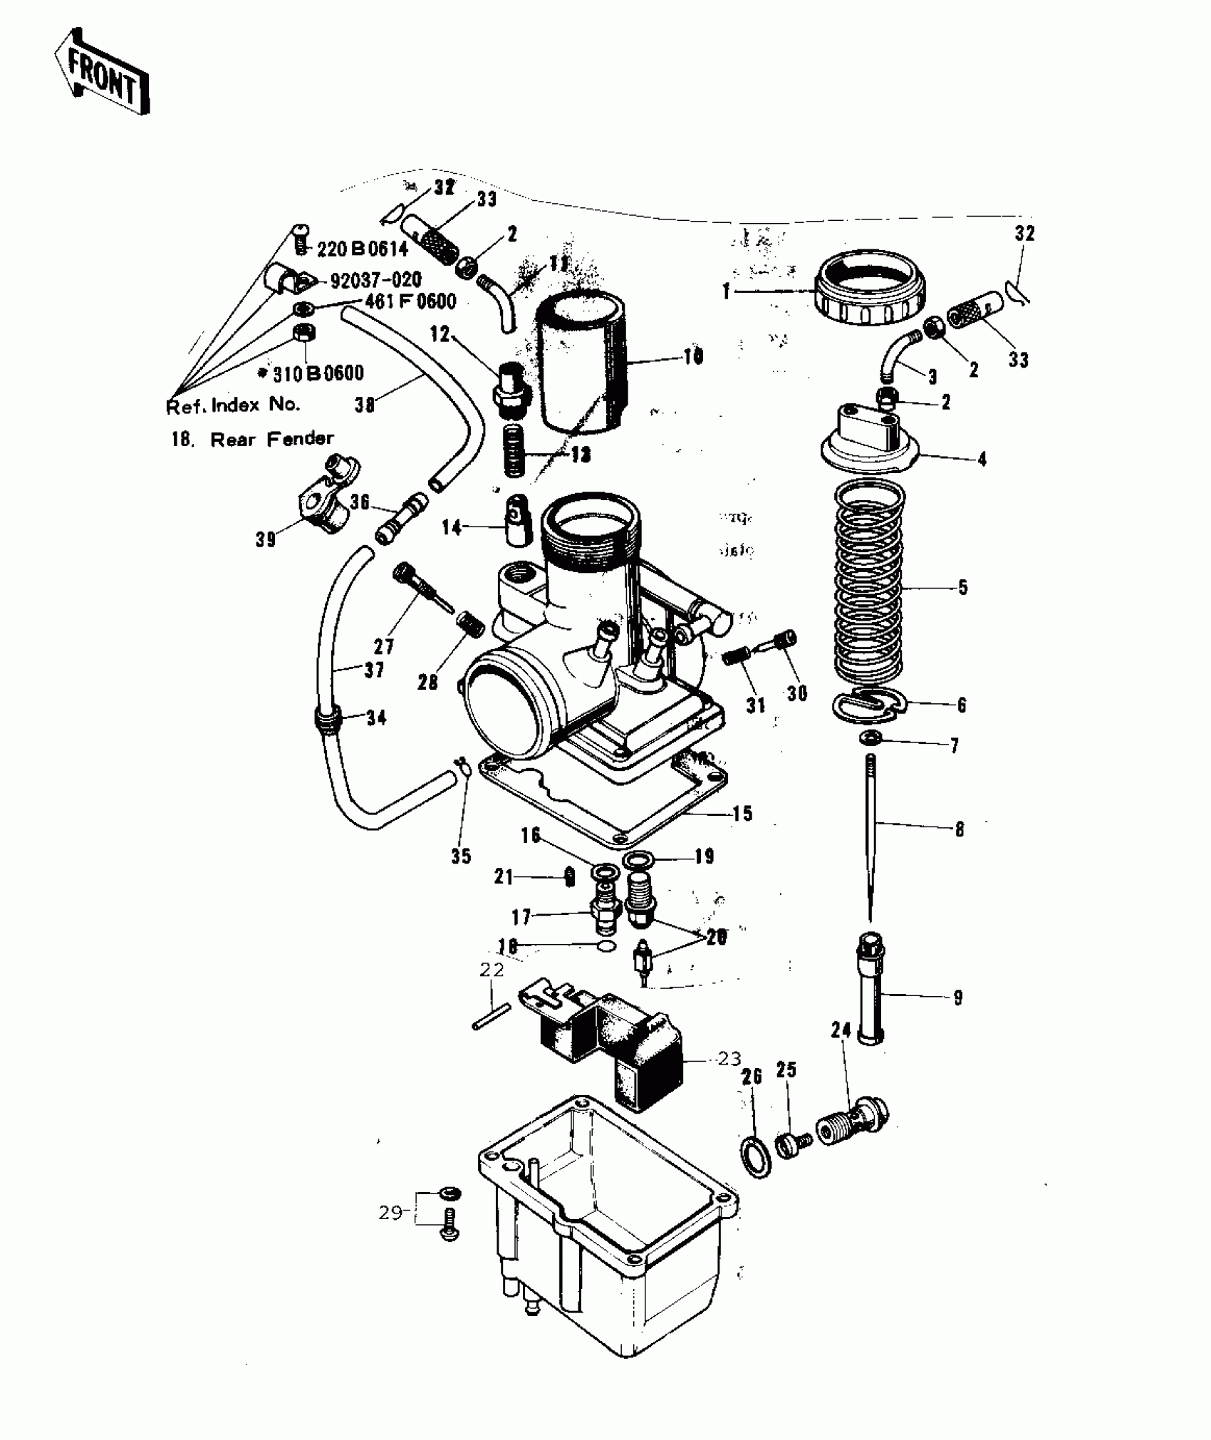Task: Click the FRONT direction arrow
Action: tap(102, 72)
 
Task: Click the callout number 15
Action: tap(742, 813)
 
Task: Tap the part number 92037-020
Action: tap(375, 279)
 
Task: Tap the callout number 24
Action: tap(841, 1030)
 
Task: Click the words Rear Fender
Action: tap(271, 439)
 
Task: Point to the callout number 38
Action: tap(365, 405)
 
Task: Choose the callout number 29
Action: tap(390, 1212)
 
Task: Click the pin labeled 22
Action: tap(491, 1017)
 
